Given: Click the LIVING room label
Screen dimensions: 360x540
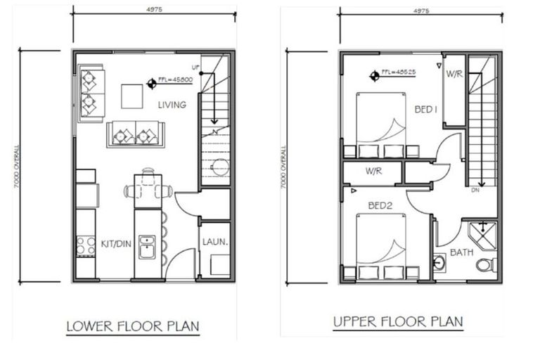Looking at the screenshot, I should [172, 105].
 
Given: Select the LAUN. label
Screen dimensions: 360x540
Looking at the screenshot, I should [214, 241].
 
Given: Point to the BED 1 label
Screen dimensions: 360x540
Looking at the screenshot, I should [426, 109].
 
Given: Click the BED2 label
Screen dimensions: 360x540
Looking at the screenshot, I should [380, 206].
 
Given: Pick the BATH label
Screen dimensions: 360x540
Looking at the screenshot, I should [461, 252].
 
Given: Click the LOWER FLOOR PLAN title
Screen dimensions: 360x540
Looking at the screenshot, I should [133, 326].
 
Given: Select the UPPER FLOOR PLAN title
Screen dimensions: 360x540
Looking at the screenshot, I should [398, 322].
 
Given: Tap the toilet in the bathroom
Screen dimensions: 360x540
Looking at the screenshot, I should [485, 265].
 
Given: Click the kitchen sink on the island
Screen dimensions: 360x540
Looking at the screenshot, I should [147, 247].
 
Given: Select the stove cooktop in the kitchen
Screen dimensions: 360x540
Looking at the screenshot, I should [86, 245].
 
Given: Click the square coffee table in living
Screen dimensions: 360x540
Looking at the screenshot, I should [132, 96].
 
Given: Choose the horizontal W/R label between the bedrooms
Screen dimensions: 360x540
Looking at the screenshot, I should [373, 171].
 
